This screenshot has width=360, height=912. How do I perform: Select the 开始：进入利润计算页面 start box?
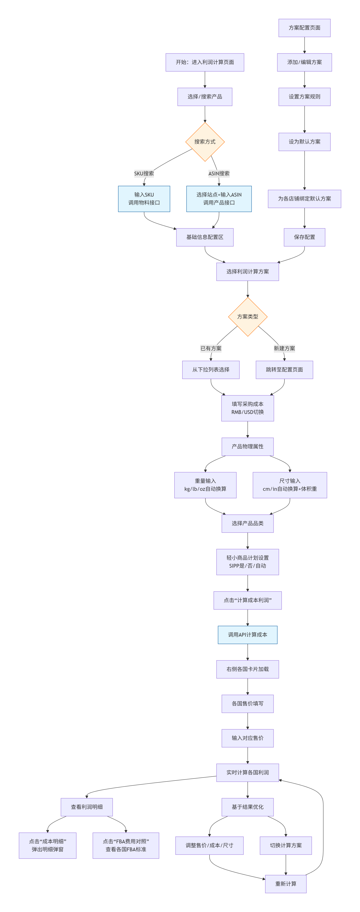coord(205,62)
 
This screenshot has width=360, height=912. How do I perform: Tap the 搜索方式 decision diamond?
coord(205,142)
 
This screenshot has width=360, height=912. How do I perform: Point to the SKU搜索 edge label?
coord(144,174)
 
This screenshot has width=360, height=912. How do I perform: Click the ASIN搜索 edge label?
coord(219,174)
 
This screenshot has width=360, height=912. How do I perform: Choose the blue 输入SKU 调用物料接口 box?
coord(144,199)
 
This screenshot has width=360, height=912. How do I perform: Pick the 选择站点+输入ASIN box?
coord(219,199)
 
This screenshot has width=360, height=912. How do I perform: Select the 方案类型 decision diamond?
coord(247,316)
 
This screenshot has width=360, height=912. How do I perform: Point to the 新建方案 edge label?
coord(284,348)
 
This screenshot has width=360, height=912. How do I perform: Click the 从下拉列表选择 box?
coord(211,370)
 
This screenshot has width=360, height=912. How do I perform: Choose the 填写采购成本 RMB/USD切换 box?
coord(247,408)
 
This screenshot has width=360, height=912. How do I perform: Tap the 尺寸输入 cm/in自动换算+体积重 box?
coord(289,485)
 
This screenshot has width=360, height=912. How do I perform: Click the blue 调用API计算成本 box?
coord(247,635)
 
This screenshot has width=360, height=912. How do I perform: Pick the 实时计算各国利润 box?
coord(247,773)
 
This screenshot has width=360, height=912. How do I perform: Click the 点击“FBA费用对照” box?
coord(126,845)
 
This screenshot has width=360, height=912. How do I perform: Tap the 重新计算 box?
coord(286,884)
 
